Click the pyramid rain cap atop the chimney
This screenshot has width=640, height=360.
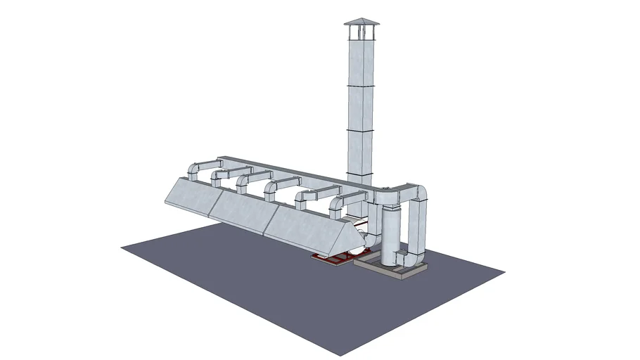361,22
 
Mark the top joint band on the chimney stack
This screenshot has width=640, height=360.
361,85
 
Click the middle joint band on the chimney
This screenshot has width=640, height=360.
361,130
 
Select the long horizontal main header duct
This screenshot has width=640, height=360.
295,172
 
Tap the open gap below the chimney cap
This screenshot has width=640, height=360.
361,32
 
